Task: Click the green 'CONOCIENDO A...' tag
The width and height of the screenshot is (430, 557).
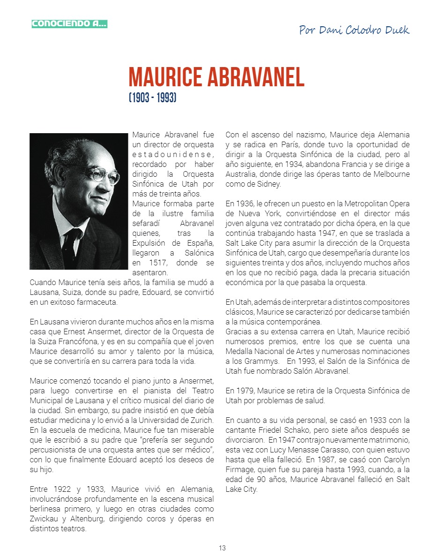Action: coord(69,23)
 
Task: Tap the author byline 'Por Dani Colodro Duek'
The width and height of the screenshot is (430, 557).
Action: coord(354,30)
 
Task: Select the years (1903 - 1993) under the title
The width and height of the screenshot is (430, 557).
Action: coord(152,98)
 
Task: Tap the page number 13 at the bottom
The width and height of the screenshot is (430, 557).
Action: coord(222,548)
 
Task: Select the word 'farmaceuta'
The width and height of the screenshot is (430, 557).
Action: coord(97,302)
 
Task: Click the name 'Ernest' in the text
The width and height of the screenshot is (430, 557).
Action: coord(75,331)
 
